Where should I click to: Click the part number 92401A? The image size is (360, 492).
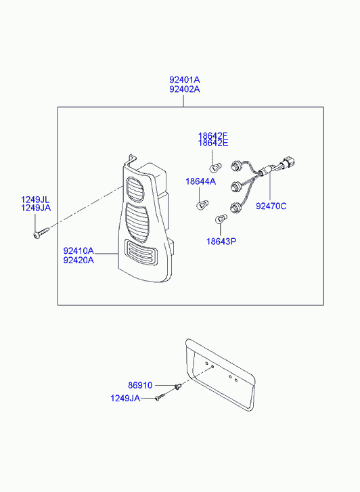(185, 80)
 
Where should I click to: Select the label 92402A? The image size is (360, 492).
(185, 89)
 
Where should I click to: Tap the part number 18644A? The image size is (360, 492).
(200, 181)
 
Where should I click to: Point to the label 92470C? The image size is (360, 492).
(271, 206)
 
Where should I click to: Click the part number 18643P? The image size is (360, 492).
(221, 242)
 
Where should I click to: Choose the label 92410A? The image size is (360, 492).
(78, 250)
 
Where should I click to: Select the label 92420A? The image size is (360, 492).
(78, 260)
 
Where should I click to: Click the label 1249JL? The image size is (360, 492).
(35, 200)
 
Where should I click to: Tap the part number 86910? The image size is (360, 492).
(140, 385)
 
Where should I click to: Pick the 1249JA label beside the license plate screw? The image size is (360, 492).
(125, 398)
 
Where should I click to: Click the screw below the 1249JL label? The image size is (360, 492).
(41, 233)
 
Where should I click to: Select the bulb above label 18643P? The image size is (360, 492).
(221, 219)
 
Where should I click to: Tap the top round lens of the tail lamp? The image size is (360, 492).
(135, 189)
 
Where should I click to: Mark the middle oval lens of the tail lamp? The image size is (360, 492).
(137, 222)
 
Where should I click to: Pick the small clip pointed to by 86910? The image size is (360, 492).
(178, 386)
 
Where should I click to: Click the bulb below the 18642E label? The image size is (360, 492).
(216, 167)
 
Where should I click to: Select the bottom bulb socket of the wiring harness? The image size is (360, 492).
(234, 207)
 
